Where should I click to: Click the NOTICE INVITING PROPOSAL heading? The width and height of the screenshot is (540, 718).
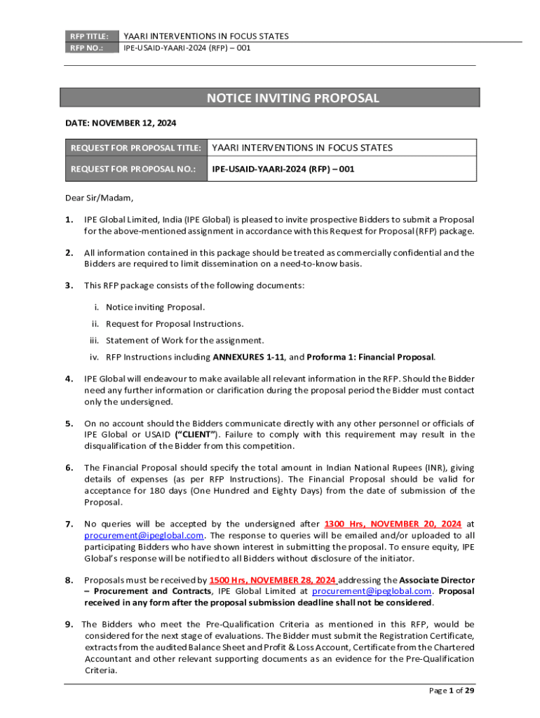click(292, 98)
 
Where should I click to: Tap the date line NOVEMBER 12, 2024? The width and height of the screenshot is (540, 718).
click(121, 123)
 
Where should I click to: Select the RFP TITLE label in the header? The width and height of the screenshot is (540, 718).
click(88, 36)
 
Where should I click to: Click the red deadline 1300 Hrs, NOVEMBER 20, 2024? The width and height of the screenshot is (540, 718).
click(393, 523)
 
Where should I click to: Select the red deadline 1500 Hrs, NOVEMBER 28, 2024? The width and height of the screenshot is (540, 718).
click(273, 580)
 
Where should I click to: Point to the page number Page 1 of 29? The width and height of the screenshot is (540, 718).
click(452, 691)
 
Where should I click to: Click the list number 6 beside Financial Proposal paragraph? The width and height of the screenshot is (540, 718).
click(69, 467)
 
